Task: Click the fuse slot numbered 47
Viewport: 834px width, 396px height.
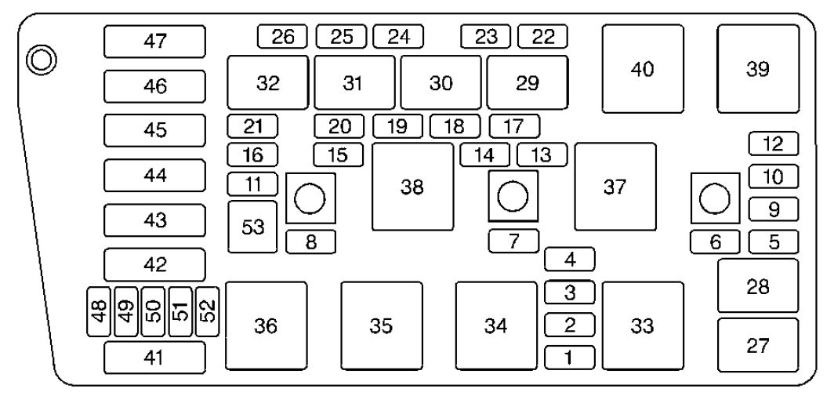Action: pyautogui.click(x=154, y=41)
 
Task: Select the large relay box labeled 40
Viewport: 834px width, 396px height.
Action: pyautogui.click(x=643, y=69)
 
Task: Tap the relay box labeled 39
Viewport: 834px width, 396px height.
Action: pyautogui.click(x=758, y=69)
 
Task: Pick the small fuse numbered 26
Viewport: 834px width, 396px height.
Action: pyautogui.click(x=282, y=36)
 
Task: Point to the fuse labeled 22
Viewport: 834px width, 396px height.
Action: pyautogui.click(x=542, y=36)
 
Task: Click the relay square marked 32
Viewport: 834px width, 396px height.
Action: pyautogui.click(x=268, y=82)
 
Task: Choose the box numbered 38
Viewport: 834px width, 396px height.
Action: pyautogui.click(x=413, y=187)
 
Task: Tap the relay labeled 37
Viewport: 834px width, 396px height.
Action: pyautogui.click(x=615, y=187)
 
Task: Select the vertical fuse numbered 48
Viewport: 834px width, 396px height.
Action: pyautogui.click(x=99, y=311)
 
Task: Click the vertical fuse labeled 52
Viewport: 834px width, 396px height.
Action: pyautogui.click(x=208, y=311)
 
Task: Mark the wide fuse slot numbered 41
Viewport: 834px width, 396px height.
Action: pyautogui.click(x=154, y=357)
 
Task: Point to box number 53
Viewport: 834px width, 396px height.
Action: pyautogui.click(x=252, y=227)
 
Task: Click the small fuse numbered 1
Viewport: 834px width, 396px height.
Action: pyautogui.click(x=570, y=357)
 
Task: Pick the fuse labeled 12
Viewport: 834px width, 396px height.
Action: pyautogui.click(x=774, y=144)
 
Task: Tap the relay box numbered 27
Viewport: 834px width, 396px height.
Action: pyautogui.click(x=758, y=345)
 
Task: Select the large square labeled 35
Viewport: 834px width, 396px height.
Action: pyautogui.click(x=382, y=325)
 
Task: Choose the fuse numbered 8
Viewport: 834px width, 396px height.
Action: pyautogui.click(x=310, y=242)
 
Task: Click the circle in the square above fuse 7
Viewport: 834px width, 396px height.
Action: pyautogui.click(x=513, y=196)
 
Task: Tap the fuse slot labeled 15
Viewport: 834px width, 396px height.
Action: pyautogui.click(x=339, y=155)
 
